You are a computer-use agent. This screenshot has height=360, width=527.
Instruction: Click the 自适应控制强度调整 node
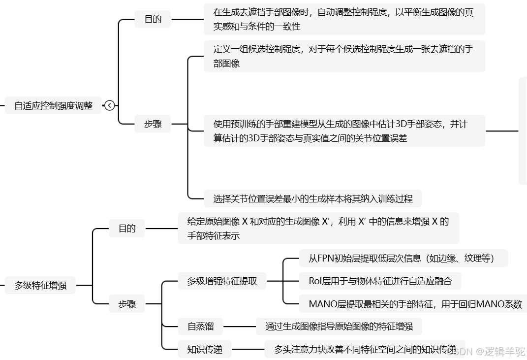point(53,105)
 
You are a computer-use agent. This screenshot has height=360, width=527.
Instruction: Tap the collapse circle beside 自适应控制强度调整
point(110,105)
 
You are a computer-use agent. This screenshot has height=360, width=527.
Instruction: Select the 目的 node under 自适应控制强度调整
point(153,20)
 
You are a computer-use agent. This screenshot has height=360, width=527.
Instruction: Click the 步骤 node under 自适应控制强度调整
point(153,125)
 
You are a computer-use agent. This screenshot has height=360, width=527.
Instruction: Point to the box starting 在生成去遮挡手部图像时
point(344,19)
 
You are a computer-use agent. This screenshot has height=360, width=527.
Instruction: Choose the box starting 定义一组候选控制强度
point(344,56)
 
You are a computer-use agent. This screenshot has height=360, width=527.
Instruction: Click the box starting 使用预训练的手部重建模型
point(344,131)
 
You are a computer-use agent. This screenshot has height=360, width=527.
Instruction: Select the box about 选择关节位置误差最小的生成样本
point(312,199)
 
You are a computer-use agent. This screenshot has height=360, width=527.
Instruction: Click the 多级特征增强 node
point(40,285)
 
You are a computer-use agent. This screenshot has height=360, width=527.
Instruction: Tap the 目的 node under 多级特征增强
point(126,229)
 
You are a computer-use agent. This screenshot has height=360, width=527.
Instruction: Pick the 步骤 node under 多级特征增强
point(126,304)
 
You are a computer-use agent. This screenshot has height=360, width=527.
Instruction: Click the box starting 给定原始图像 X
point(318,229)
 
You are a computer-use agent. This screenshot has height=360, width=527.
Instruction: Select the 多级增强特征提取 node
point(222,282)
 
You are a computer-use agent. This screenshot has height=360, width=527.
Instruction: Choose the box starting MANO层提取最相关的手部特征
point(415,304)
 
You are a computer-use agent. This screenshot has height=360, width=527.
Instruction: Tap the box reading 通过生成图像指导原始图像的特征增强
point(339,326)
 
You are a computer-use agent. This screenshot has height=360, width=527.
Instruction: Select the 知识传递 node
point(205,349)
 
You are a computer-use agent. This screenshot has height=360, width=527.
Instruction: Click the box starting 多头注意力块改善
point(364,349)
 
